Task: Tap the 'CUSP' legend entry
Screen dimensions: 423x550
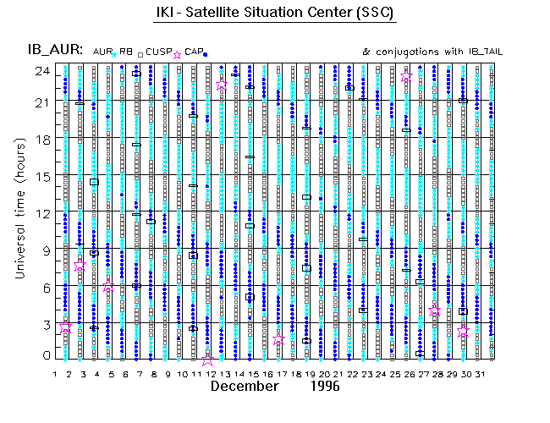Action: point(157,52)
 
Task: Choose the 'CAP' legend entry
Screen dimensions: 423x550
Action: point(193,52)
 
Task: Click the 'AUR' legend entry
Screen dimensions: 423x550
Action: point(102,52)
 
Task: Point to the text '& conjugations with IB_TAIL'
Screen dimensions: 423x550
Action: point(432,52)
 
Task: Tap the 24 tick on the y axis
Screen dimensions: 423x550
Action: point(41,71)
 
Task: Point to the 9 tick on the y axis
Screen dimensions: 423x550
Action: point(43,250)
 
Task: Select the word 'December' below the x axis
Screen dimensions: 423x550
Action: point(245,387)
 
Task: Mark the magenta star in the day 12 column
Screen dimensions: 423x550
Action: point(208,360)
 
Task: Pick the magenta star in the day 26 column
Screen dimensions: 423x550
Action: point(407,77)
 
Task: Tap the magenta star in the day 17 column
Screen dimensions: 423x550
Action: point(279,339)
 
